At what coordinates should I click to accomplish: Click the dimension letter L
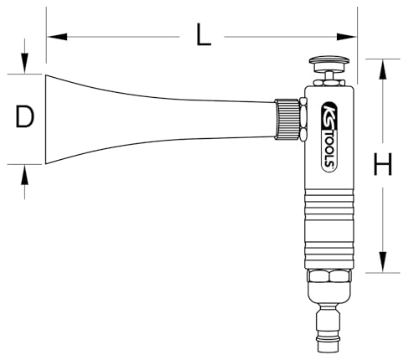click(x=202, y=35)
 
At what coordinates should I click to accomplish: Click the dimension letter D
click(x=25, y=118)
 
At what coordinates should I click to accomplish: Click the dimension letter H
click(x=383, y=166)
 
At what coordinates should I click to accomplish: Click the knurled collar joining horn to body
click(x=287, y=120)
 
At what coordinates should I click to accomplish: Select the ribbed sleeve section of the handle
click(x=328, y=239)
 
